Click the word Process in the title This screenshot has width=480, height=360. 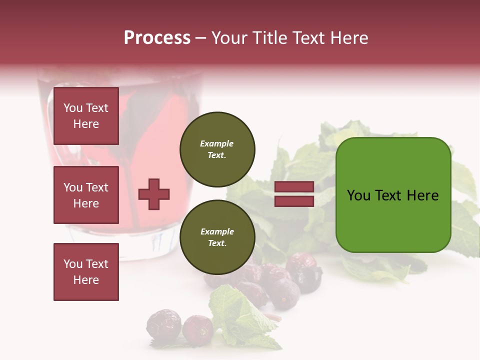(157, 38)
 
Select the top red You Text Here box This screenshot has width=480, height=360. (86, 116)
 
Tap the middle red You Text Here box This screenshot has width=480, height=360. (86, 195)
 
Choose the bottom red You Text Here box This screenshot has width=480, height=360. (86, 272)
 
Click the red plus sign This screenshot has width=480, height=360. (154, 194)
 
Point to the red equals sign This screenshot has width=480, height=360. (294, 194)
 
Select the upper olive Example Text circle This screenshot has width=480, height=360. (217, 149)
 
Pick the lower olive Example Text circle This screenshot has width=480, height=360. (217, 237)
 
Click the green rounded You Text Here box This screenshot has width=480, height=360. (393, 195)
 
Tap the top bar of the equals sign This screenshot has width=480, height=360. (294, 187)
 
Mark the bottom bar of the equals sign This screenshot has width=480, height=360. (294, 201)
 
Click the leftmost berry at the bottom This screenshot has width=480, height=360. (163, 324)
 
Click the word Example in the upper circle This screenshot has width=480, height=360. (216, 143)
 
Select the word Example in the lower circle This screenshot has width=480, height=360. (217, 231)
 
